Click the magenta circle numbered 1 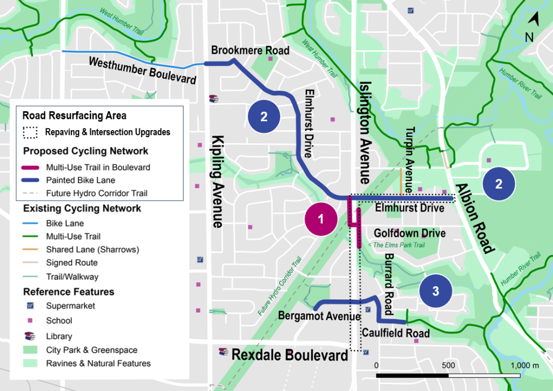(x=321, y=219)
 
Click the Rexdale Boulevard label (x=289, y=355)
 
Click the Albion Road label (x=475, y=218)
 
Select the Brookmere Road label (x=250, y=51)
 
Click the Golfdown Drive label (x=410, y=233)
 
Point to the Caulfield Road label (x=396, y=333)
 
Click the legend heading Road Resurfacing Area (x=75, y=116)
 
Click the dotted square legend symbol (x=31, y=132)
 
